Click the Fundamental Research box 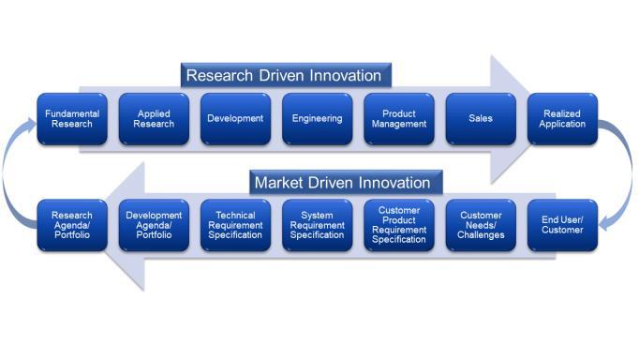coord(72,118)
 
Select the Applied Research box coord(154,118)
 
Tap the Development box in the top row coord(235,118)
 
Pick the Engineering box coord(317,118)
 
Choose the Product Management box coord(399,118)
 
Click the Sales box coord(481,118)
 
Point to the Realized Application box coord(562,118)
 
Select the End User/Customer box coord(562,224)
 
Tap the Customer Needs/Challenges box coord(481,224)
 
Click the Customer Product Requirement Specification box coord(399,224)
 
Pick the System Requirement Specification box coord(317,224)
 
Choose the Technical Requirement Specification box coord(235,224)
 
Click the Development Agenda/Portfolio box coord(154,224)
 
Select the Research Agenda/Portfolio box coord(72,224)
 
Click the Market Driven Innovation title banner coord(342,182)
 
